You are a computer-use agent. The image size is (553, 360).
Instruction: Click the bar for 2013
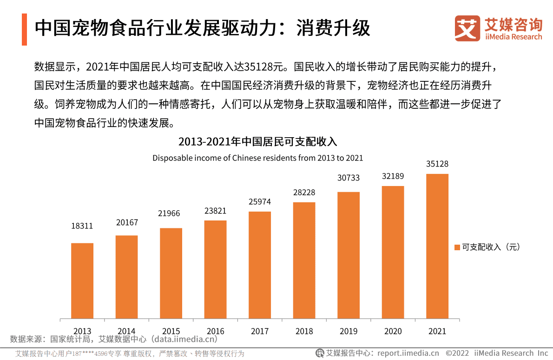point(82,281)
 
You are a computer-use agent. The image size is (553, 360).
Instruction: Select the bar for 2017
point(260,265)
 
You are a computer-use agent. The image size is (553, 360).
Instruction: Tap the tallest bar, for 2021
point(437,247)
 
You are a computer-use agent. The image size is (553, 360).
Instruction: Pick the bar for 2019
point(349,255)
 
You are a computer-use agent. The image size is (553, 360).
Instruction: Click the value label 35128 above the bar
point(437,164)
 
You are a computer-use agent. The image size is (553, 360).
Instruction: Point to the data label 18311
point(82,226)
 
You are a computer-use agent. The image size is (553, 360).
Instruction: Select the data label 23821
point(215,211)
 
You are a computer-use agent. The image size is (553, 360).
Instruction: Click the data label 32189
point(393,176)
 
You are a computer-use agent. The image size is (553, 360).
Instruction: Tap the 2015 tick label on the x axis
point(171,331)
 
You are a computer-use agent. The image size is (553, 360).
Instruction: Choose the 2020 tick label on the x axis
point(393,331)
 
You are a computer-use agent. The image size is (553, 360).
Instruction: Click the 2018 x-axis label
point(304,331)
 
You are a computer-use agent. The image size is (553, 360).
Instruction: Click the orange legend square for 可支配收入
point(457,247)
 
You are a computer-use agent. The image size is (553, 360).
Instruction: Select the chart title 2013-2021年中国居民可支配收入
point(257,141)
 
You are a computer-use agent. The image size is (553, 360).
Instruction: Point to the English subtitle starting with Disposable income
point(257,158)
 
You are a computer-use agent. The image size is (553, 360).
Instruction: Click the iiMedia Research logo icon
point(467,28)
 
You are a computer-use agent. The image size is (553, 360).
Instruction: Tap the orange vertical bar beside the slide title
point(24,29)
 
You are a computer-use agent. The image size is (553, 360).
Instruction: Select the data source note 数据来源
point(114,339)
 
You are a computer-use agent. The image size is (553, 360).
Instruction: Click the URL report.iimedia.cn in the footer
point(408,353)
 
